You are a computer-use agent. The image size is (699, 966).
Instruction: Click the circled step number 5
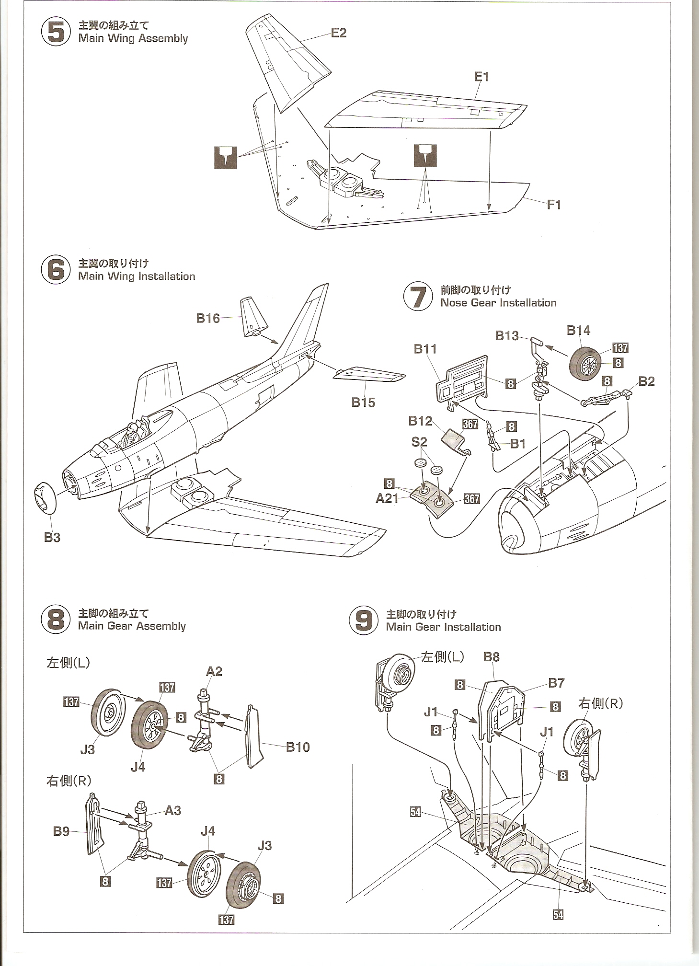point(56,33)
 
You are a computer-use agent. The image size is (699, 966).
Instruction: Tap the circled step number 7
point(418,297)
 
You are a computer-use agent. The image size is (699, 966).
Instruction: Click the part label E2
point(338,33)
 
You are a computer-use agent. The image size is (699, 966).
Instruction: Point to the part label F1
point(553,205)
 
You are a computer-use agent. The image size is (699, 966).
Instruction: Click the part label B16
point(208,318)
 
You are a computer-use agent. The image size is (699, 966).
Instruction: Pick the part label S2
point(419,441)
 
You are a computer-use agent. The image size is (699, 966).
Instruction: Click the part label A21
point(387,498)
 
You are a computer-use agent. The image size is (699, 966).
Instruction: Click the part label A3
point(173,811)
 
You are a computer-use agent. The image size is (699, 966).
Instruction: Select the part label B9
point(61,831)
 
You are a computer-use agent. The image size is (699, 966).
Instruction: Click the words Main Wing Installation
point(137,276)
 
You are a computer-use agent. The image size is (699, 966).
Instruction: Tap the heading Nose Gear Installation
point(498,303)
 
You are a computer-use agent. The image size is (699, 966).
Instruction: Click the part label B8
point(492,656)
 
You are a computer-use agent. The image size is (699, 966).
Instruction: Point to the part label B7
point(556,682)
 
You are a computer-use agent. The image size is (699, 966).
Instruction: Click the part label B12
point(420,421)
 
